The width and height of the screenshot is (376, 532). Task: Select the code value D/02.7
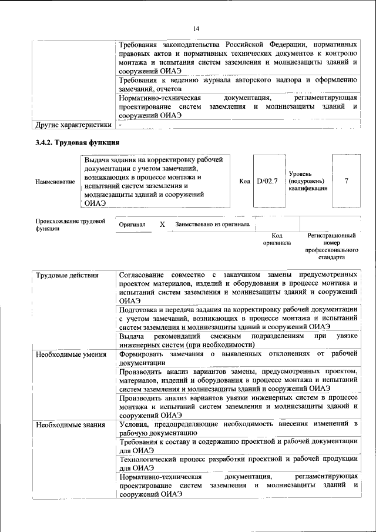pos(267,182)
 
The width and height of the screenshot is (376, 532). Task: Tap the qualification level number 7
pos(346,182)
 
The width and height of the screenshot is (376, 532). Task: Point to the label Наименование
pos(55,182)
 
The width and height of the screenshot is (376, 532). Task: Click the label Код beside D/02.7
pos(245,182)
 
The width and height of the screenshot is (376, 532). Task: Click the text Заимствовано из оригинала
pos(212,225)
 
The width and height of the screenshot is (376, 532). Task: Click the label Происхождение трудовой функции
pos(70,225)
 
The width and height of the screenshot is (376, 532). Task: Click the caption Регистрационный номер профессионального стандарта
pos(331,246)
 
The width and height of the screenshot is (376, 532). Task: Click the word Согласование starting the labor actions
pos(142,275)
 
